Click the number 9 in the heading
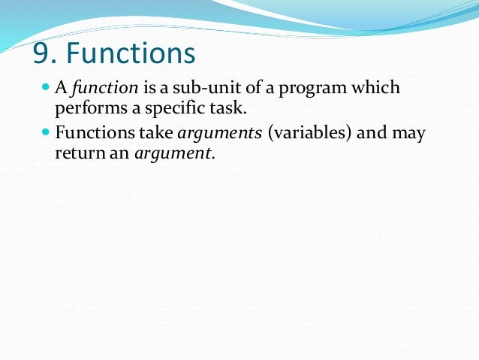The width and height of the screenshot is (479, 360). point(41,54)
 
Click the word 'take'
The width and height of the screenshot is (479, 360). point(153,134)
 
